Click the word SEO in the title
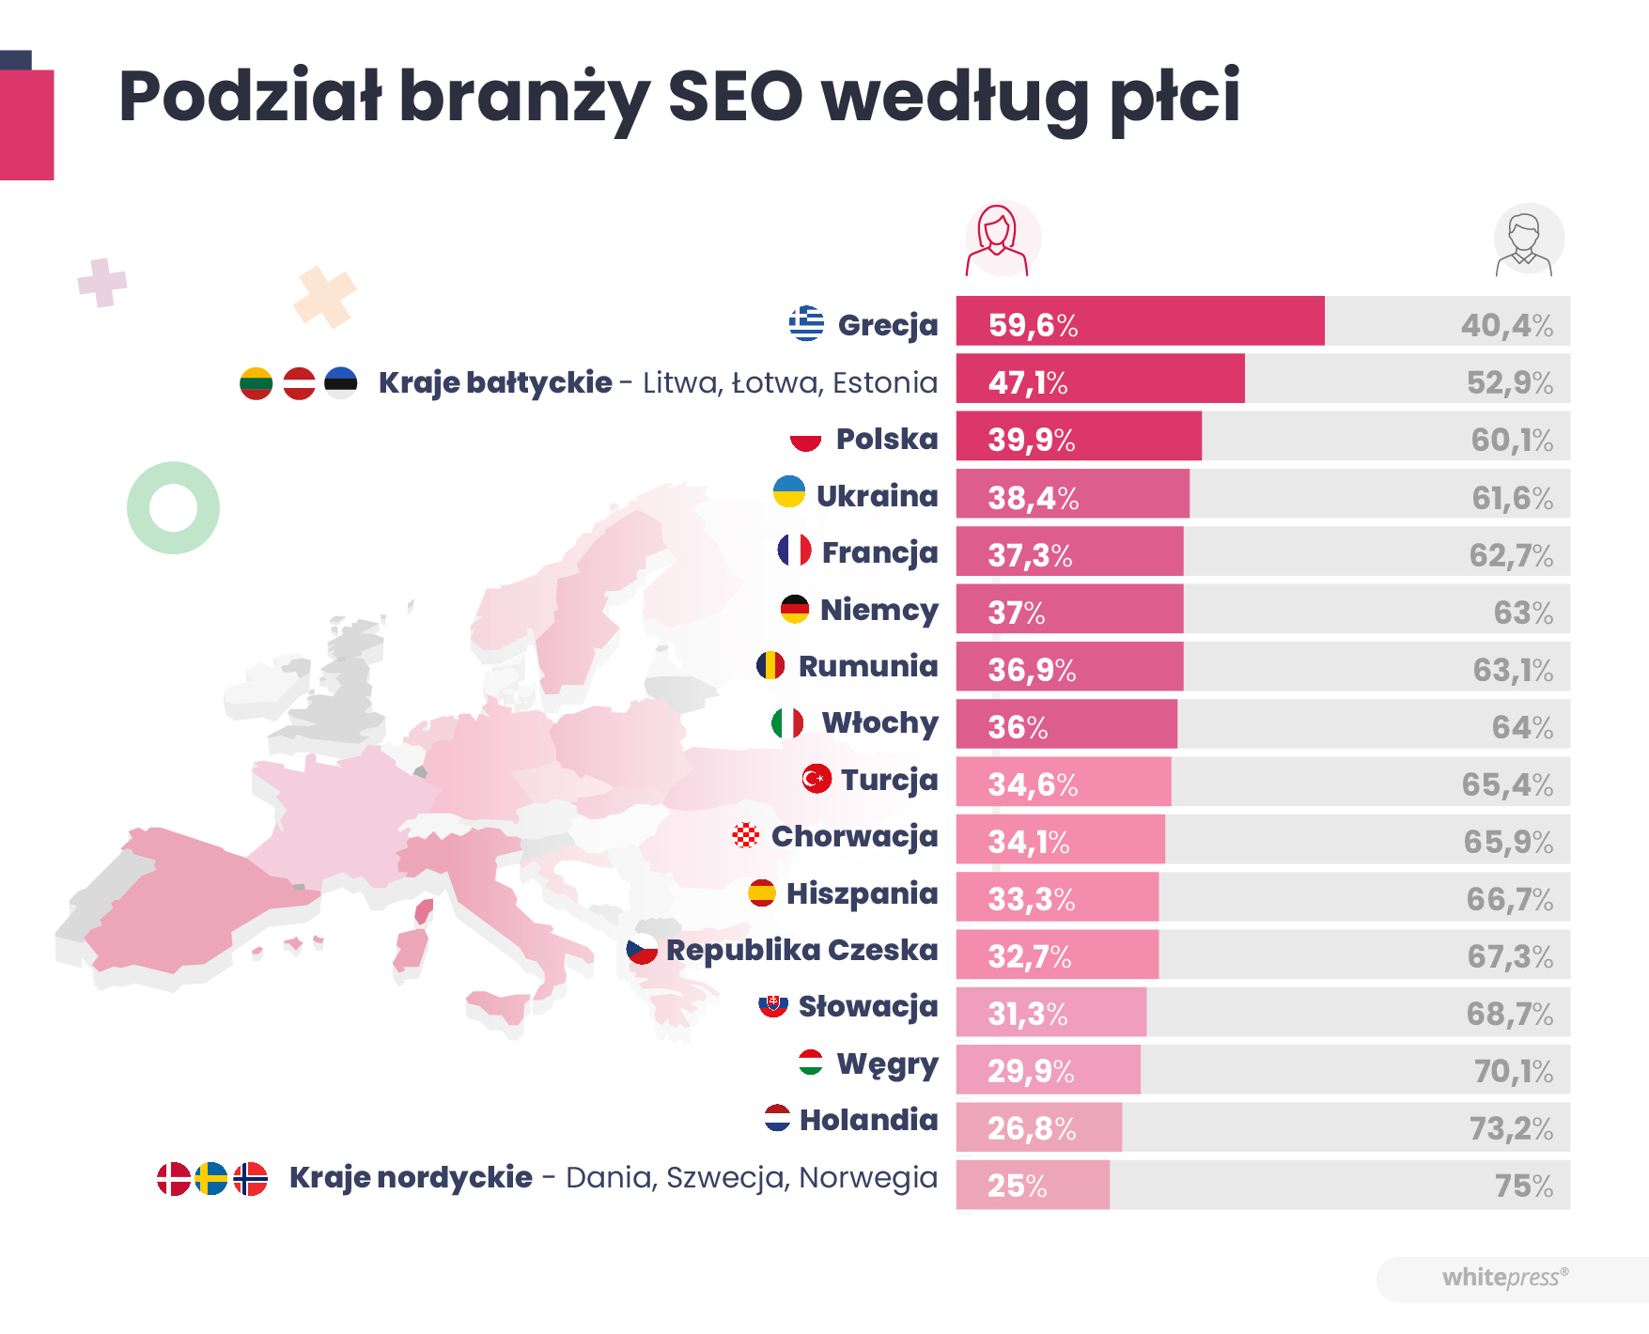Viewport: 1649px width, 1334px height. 735,97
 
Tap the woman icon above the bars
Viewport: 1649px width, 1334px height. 998,240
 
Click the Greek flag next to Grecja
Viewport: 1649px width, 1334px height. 806,323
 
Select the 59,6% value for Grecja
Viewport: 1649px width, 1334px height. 1033,325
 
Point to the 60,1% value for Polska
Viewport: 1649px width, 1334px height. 1511,440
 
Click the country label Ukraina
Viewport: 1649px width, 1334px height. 877,496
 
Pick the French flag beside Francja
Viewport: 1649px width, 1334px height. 794,551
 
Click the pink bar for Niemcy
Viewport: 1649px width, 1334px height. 1069,610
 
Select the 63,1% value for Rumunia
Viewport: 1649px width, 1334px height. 1512,670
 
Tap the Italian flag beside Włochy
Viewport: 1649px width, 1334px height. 787,722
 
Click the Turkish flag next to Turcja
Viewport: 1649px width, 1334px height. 817,779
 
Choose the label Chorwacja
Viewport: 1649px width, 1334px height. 854,836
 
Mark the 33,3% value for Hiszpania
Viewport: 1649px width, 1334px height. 1031,899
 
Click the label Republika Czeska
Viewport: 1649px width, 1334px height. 801,950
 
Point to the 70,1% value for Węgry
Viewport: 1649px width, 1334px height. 1513,1071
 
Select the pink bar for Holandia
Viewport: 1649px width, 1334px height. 1039,1127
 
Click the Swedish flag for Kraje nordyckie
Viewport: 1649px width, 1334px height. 211,1178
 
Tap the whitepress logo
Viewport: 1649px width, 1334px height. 1504,1278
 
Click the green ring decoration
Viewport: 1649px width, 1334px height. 173,508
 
